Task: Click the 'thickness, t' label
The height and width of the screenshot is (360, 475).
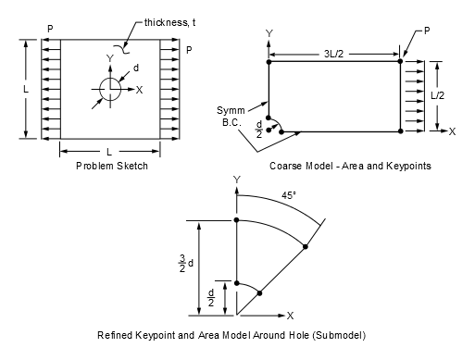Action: coord(175,20)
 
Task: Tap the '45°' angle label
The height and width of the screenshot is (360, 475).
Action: coord(293,195)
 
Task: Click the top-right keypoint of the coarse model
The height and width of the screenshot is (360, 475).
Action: coord(400,62)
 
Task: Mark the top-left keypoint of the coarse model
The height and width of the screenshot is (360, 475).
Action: coord(269,62)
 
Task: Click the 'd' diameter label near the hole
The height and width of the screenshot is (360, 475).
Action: coord(136,68)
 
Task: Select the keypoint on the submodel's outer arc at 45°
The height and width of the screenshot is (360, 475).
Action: coord(305,246)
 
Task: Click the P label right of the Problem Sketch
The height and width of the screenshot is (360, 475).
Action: coord(189,49)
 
